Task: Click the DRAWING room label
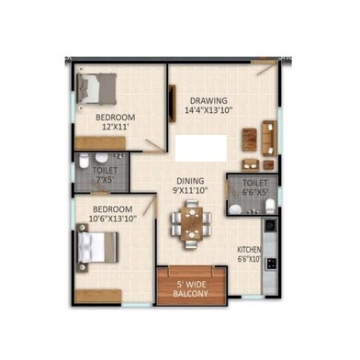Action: click(208, 100)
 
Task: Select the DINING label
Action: click(190, 181)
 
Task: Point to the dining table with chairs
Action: click(191, 224)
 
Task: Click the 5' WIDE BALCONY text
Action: click(191, 289)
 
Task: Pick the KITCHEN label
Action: click(249, 250)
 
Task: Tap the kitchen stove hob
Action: click(271, 264)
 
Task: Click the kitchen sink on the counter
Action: click(271, 225)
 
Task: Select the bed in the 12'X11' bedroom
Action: click(96, 88)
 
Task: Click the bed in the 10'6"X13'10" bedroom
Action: click(97, 247)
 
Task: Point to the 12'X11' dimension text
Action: click(115, 127)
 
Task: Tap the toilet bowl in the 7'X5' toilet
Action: click(84, 161)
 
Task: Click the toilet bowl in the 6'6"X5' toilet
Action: click(270, 206)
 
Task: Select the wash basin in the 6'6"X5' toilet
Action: click(235, 209)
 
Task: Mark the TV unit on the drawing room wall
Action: click(173, 104)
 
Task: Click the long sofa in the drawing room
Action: click(269, 138)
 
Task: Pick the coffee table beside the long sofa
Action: click(250, 140)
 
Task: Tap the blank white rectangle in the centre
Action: click(201, 148)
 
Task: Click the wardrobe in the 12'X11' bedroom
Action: click(100, 143)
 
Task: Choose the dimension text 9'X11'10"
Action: click(190, 190)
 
